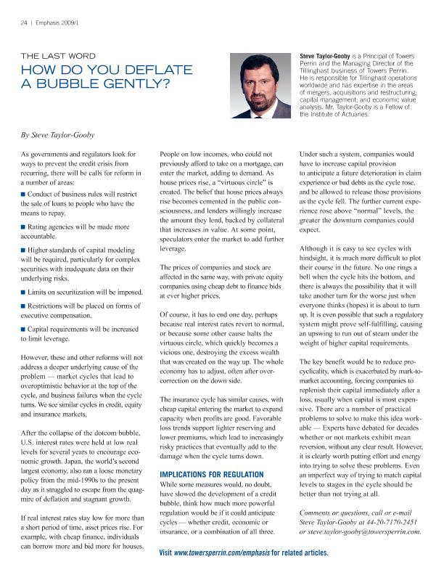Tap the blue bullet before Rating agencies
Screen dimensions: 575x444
pyautogui.click(x=24, y=227)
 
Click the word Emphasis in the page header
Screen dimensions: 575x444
pyautogui.click(x=49, y=22)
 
